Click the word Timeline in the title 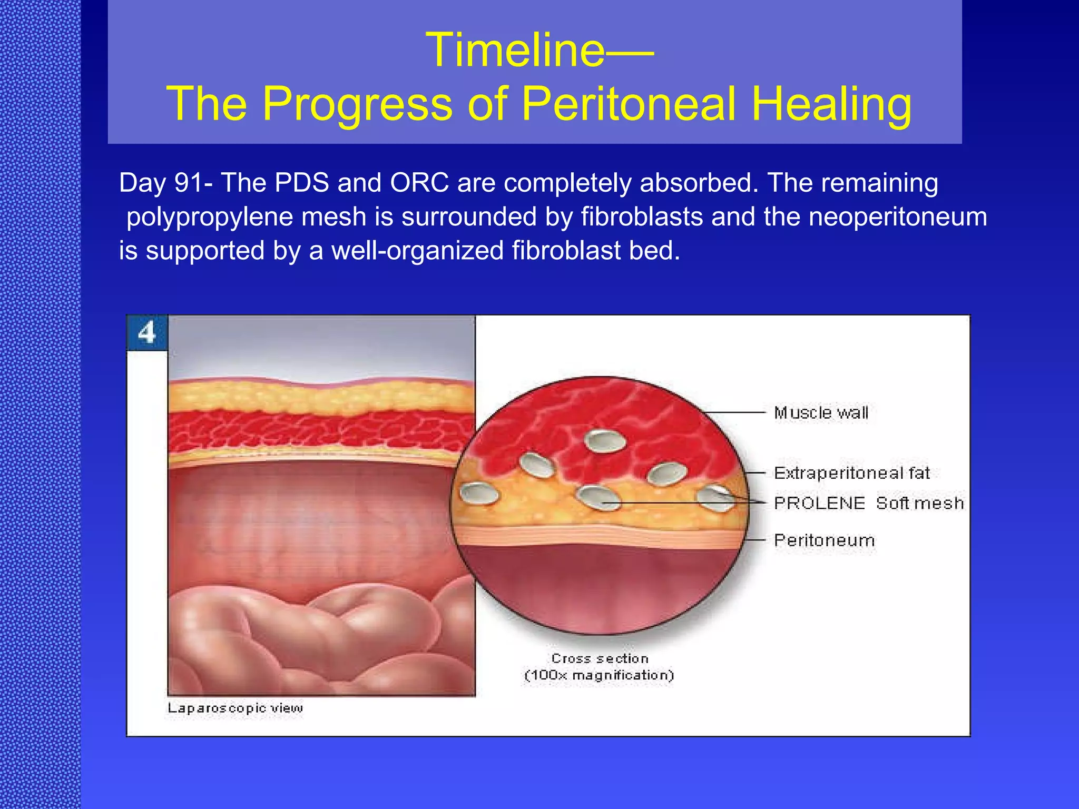point(515,50)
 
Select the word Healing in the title point(831,104)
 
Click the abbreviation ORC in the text point(419,183)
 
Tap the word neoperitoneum point(897,217)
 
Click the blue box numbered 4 point(147,333)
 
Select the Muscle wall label point(821,413)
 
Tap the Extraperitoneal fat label point(851,473)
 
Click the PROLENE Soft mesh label point(868,503)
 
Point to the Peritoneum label point(824,540)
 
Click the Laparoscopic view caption point(235,708)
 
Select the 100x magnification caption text point(599,675)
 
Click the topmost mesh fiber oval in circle point(606,441)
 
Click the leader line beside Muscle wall point(735,412)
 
